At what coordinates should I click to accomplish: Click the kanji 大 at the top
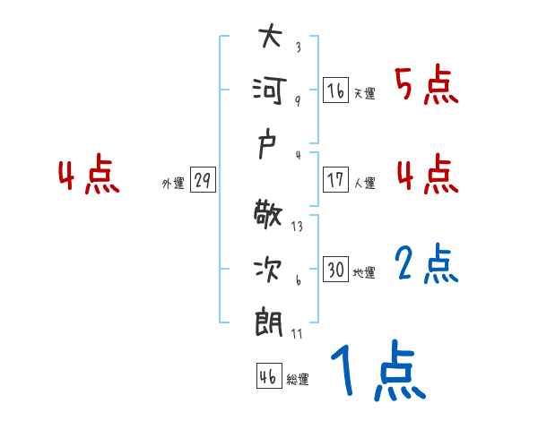(269, 38)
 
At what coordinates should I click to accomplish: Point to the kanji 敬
(269, 216)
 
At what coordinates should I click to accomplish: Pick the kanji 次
(269, 268)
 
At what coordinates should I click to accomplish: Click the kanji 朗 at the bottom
(269, 321)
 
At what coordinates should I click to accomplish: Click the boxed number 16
(336, 91)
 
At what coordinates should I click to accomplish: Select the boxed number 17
(336, 179)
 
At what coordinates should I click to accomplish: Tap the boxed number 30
(336, 270)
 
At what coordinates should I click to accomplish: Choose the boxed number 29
(202, 180)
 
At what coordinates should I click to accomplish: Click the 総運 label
(298, 380)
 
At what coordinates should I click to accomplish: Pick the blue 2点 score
(426, 263)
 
